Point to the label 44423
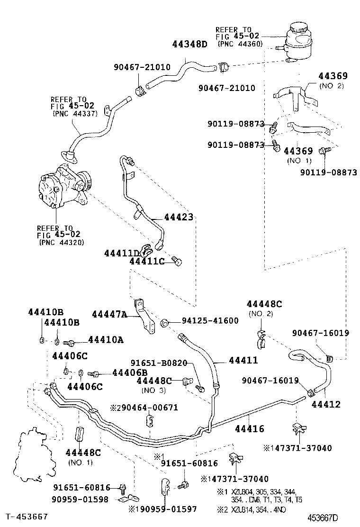pyautogui.click(x=179, y=218)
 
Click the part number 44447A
pyautogui.click(x=109, y=314)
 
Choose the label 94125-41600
pyautogui.click(x=210, y=321)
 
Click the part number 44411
pyautogui.click(x=243, y=361)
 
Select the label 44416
pyautogui.click(x=250, y=429)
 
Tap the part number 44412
pyautogui.click(x=325, y=404)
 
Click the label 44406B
pyautogui.click(x=129, y=373)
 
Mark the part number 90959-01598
pyautogui.click(x=81, y=499)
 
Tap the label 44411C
pyautogui.click(x=146, y=261)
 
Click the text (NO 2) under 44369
pyautogui.click(x=332, y=86)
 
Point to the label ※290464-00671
pyautogui.click(x=144, y=407)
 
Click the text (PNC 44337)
pyautogui.click(x=75, y=113)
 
